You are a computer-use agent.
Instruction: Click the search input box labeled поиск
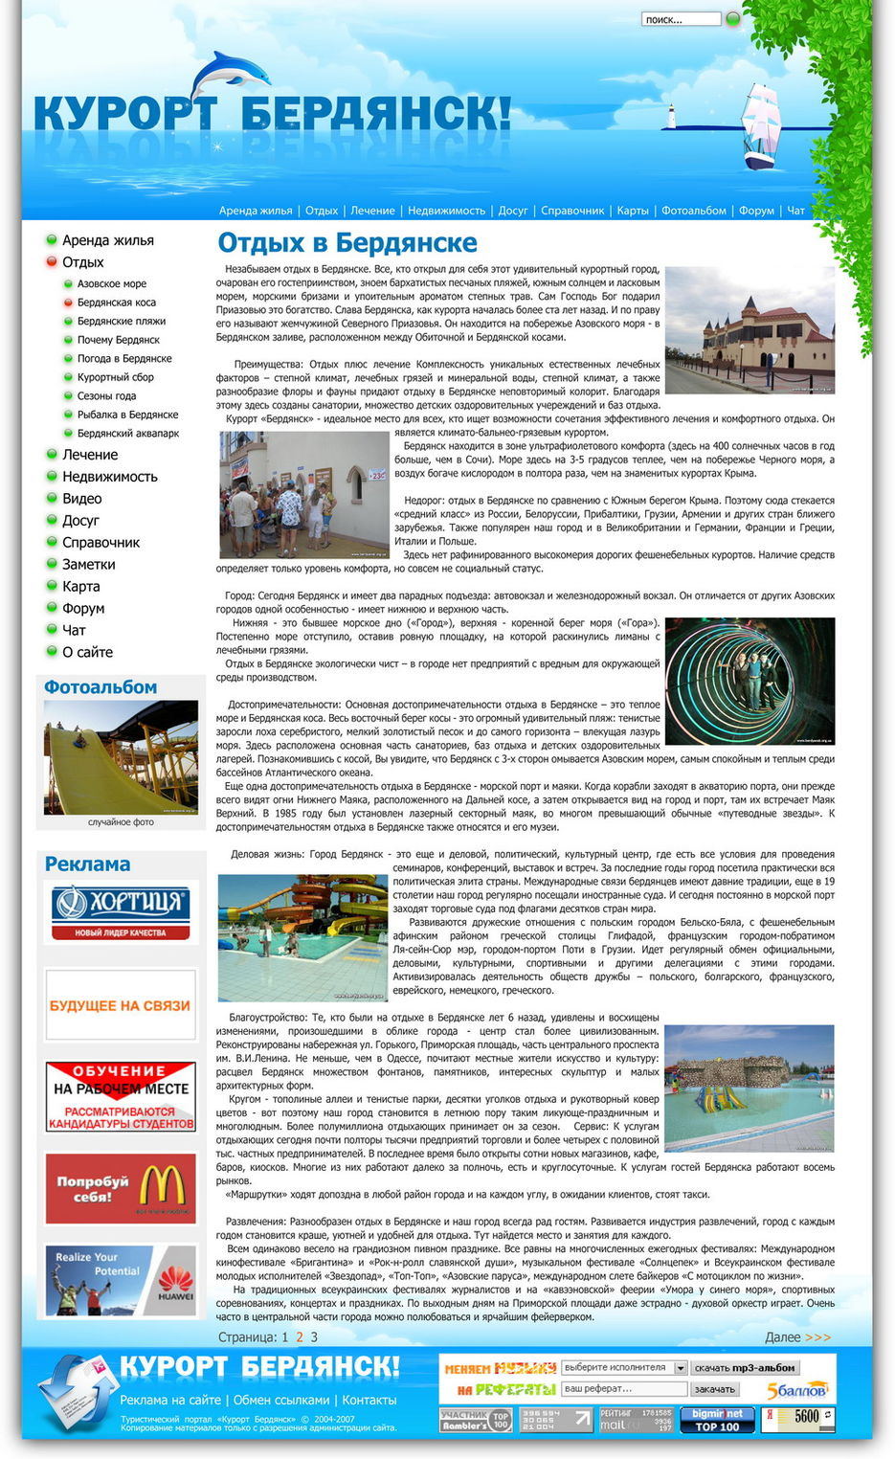680,19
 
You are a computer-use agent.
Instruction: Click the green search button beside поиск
733,18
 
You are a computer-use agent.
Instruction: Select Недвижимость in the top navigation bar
446,211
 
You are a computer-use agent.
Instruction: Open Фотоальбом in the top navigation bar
695,211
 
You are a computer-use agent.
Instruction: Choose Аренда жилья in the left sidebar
107,240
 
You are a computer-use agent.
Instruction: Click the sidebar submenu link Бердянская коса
117,303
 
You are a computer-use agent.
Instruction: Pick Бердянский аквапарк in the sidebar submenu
128,434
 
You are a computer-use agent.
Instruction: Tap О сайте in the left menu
87,652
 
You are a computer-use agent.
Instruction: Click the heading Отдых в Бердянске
347,243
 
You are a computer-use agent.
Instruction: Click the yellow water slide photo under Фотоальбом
121,757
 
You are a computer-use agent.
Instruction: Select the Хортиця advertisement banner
121,911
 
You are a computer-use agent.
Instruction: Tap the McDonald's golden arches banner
121,1188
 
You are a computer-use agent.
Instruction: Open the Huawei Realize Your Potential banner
121,1280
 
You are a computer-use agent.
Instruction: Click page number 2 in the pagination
300,1337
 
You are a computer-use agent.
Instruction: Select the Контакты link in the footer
369,1400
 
